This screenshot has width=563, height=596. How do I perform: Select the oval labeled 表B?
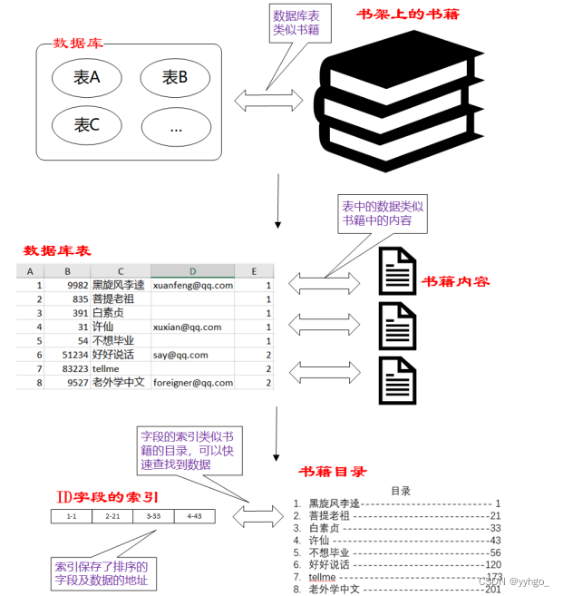coord(175,79)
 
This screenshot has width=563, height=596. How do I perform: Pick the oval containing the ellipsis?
coord(175,127)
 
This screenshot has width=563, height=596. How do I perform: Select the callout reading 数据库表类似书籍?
coord(296,23)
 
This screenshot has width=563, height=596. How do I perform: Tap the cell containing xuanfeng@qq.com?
coord(193,285)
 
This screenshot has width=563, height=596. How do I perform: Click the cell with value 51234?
coord(70,355)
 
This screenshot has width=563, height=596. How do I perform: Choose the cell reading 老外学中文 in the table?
coord(119,383)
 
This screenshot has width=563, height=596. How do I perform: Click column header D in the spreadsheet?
coord(193,271)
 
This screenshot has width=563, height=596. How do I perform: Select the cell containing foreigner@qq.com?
coord(193,383)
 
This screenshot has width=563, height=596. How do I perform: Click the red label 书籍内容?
coord(456,281)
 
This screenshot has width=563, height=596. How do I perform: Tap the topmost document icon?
coord(397,271)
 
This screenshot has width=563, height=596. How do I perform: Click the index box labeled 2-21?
coord(112,516)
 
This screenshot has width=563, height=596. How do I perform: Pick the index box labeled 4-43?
coord(195,516)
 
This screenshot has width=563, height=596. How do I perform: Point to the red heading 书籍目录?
coord(334,472)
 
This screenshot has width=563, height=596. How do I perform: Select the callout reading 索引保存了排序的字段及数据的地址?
coord(100,573)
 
